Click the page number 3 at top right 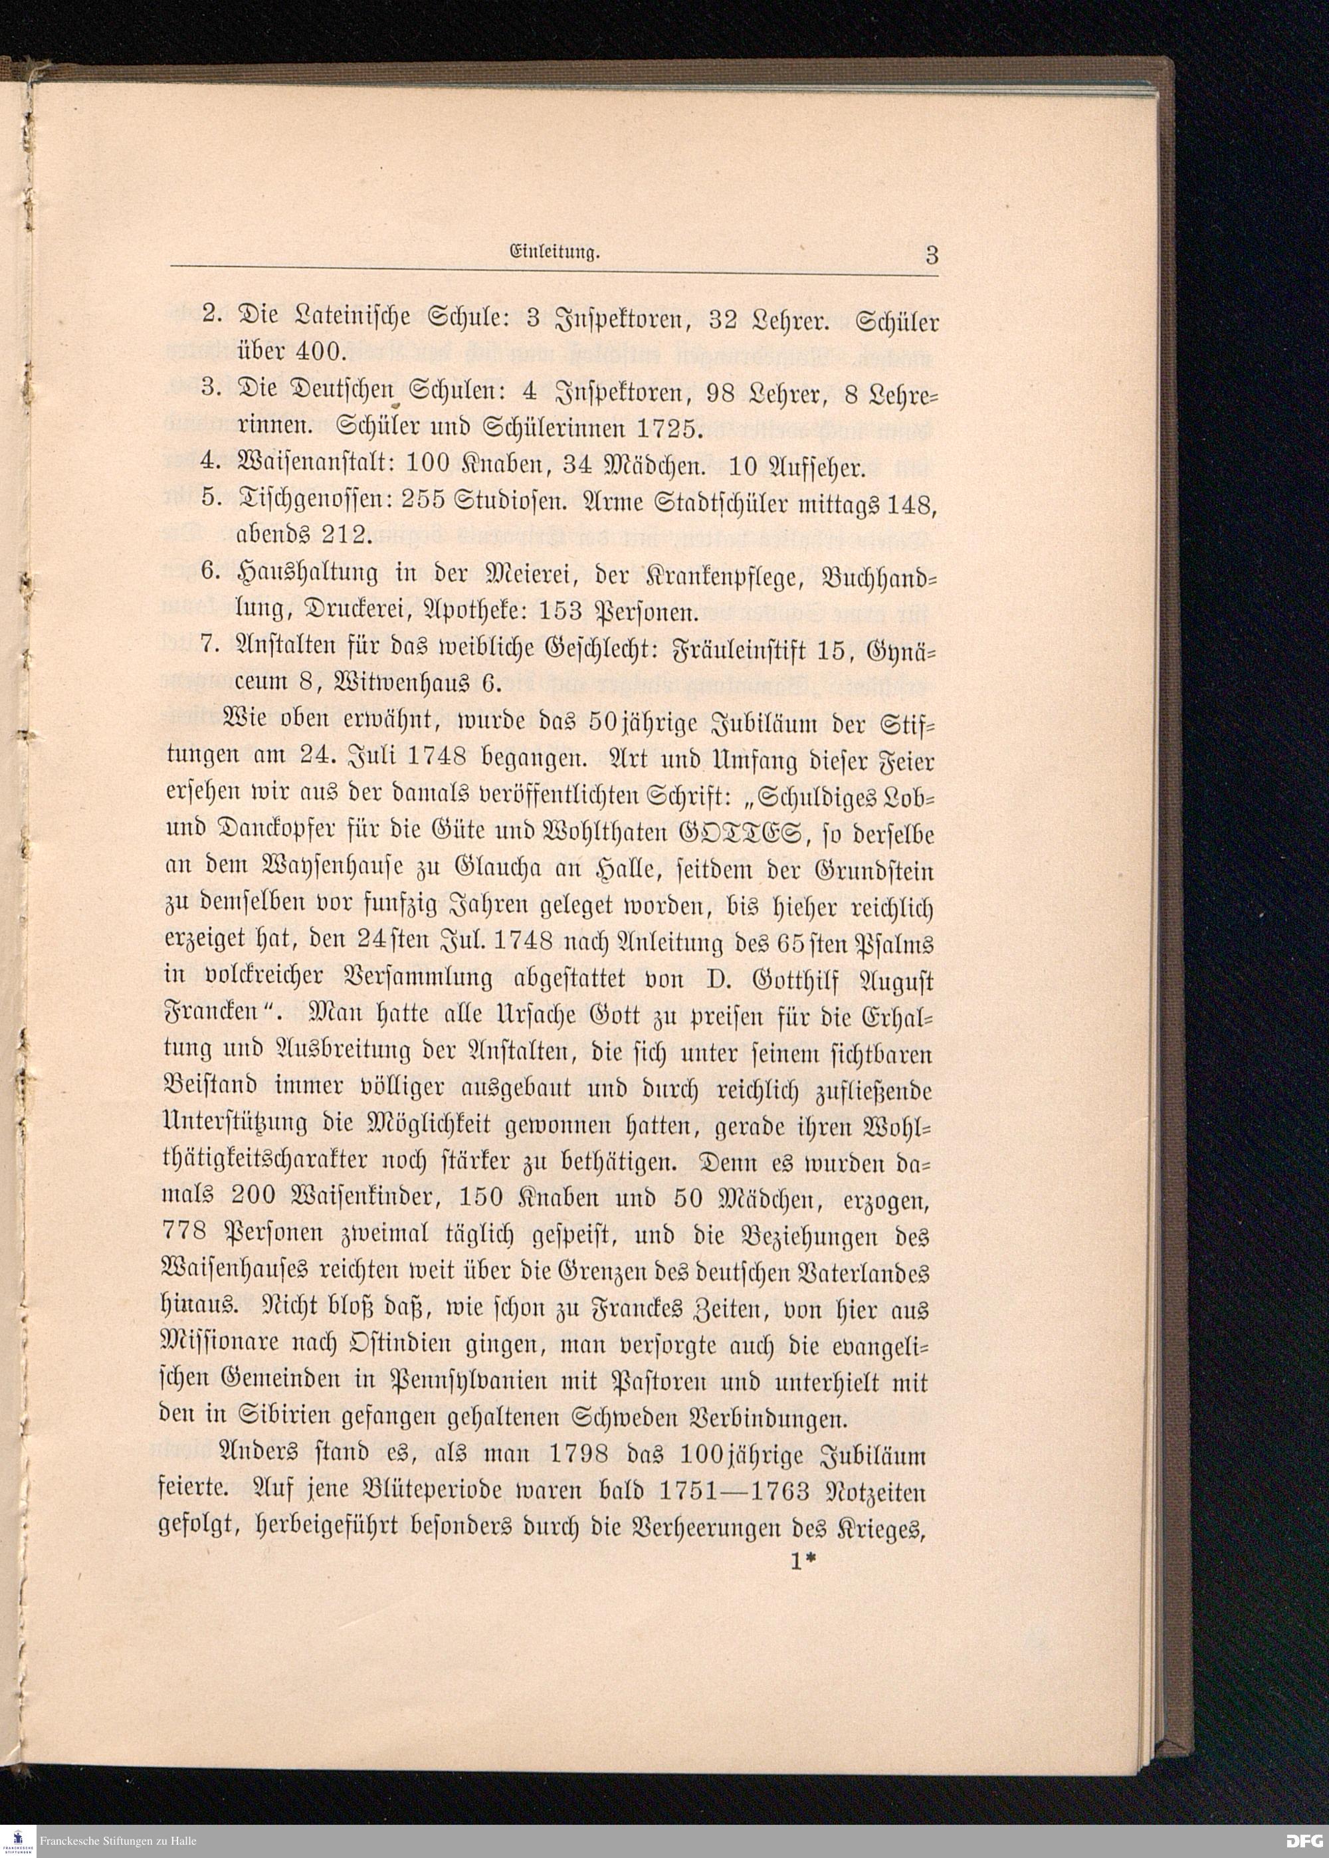point(931,255)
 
